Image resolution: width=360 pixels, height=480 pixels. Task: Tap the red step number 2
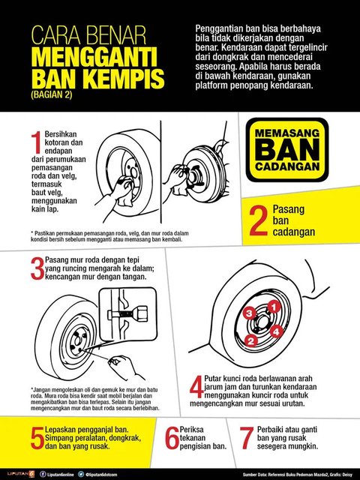(x=258, y=220)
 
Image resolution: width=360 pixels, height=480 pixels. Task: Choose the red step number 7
(x=245, y=438)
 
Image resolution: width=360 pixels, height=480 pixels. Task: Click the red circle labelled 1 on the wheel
(x=274, y=306)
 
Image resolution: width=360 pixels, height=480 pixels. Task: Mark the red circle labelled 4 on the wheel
(x=276, y=331)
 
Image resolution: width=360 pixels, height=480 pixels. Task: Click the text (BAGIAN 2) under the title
(x=52, y=94)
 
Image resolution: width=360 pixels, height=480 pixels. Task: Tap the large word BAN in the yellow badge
(x=287, y=149)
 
